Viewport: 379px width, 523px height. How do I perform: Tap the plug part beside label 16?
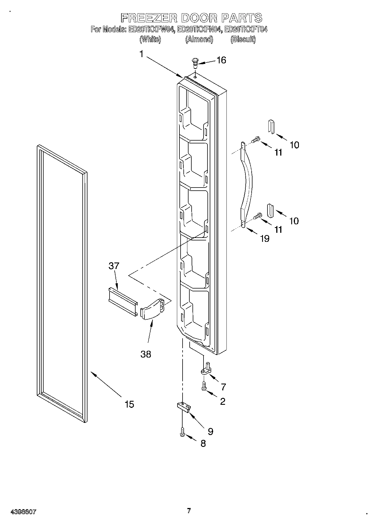[x=195, y=63]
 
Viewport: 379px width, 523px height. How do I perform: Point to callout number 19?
[x=265, y=239]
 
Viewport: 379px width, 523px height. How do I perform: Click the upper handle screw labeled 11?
[x=256, y=139]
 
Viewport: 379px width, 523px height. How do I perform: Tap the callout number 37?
[x=114, y=266]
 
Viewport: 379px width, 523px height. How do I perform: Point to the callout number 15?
[x=129, y=404]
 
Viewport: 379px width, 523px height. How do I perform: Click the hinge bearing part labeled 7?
[x=207, y=369]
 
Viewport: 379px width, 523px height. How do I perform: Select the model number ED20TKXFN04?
[x=198, y=29]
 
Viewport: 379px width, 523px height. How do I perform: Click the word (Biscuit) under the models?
[x=243, y=39]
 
